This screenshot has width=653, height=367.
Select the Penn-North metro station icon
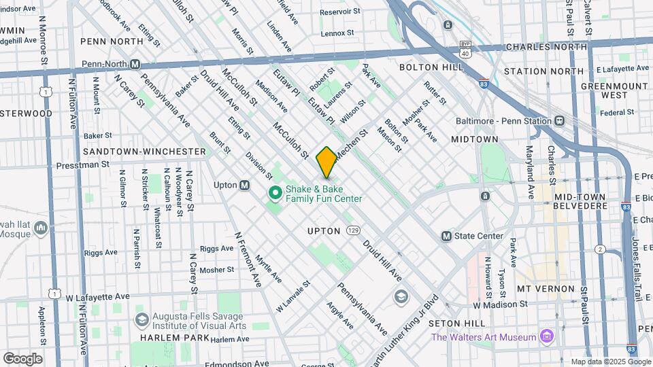click(135, 64)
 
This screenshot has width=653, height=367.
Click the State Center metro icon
click(446, 236)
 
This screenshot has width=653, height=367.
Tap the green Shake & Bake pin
click(275, 194)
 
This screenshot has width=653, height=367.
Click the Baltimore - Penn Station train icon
click(559, 120)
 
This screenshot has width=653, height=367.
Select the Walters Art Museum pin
click(546, 336)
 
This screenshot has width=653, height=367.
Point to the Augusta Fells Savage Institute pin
click(142, 319)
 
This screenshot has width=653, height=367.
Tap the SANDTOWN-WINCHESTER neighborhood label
click(144, 151)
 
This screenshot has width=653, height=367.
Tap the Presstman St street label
click(82, 164)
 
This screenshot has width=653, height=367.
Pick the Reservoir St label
click(339, 12)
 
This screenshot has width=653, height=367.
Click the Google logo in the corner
click(22, 358)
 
